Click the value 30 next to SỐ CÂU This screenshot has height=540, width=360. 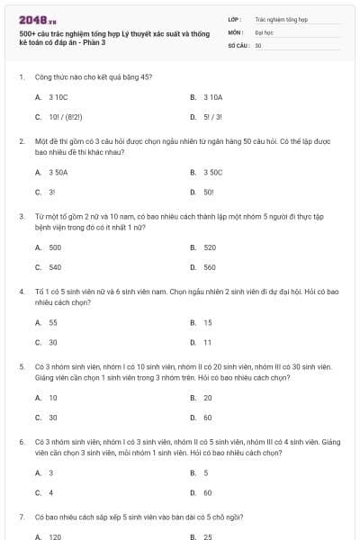pos(258,44)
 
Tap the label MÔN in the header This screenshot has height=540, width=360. pos(236,31)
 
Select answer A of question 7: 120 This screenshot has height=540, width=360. pos(55,536)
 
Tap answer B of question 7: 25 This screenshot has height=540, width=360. pos(208,536)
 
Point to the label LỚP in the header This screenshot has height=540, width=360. pos(234,18)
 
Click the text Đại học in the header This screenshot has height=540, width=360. pos(264,31)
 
